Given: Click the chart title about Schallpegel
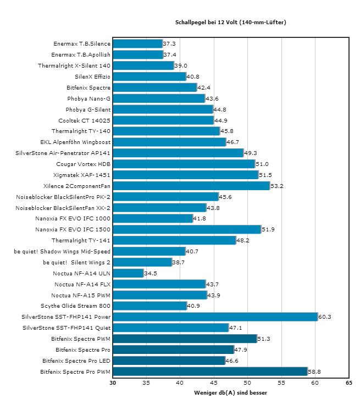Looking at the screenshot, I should (230, 23).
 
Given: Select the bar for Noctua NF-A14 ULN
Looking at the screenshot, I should (128, 273).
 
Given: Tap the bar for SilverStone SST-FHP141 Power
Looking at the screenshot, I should (215, 317).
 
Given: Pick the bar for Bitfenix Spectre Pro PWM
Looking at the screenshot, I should (209, 372).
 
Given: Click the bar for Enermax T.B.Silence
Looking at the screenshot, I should (137, 43).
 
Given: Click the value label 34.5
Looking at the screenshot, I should (150, 273).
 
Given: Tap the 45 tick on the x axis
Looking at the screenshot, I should (214, 383).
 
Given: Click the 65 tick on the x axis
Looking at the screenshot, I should (348, 383).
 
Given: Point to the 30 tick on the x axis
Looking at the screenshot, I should (113, 383).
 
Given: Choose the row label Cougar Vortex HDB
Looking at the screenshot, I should (84, 164).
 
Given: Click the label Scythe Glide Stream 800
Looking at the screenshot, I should (76, 306).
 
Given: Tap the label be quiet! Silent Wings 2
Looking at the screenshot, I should (77, 262).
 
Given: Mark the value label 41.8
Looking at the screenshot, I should (200, 219).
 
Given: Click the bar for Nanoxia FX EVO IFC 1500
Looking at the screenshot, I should (187, 229).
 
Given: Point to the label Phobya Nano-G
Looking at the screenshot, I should (89, 98).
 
